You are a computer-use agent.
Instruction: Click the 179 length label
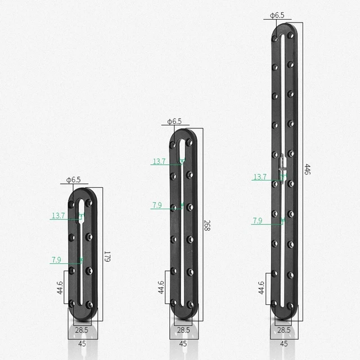click(107, 256)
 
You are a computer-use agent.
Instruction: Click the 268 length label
click(207, 226)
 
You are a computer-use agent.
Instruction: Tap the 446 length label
click(308, 169)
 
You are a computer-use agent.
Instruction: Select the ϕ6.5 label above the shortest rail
click(74, 180)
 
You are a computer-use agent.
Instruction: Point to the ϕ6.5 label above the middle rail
click(174, 121)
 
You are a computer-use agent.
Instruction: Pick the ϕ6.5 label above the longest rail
click(277, 15)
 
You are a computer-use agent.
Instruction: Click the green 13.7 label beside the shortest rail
click(58, 215)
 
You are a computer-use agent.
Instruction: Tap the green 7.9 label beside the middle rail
click(157, 205)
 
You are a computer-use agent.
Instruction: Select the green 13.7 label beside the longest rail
click(260, 177)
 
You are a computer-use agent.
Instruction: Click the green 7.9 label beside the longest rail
click(258, 220)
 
